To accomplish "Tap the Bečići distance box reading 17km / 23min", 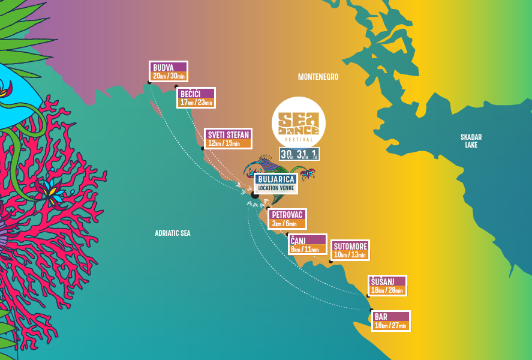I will [196, 103].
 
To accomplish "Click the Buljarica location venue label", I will [275, 183].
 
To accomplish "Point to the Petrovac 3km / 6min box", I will [287, 224].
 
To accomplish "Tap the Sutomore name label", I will [350, 246].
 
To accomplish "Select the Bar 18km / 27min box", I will [390, 326].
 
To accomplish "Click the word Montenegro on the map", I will [318, 77].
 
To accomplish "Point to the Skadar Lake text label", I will [471, 140].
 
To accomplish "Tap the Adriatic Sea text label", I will [172, 233].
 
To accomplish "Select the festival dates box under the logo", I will [299, 154].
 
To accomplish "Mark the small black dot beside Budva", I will [149, 83].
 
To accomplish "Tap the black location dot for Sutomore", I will [330, 261].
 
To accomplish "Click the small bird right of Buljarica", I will [308, 174].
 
